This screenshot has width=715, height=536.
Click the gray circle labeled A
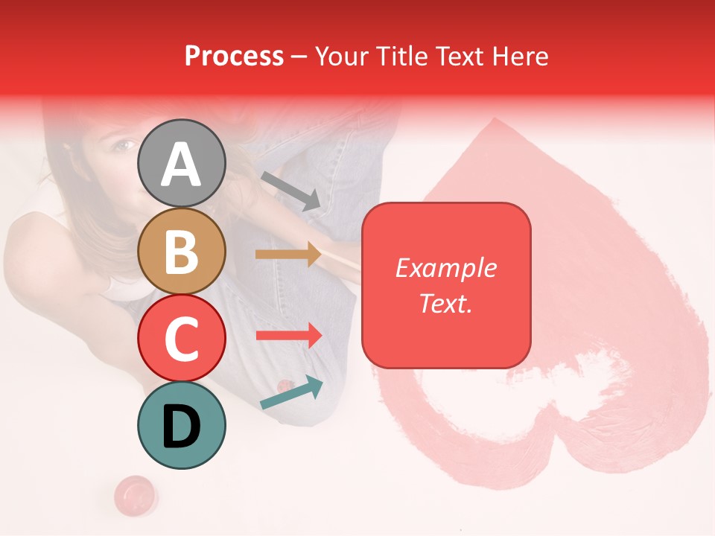point(181,163)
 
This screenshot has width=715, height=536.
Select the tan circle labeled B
point(181,252)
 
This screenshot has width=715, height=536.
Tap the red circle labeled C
point(181,338)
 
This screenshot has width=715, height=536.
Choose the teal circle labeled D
point(181,425)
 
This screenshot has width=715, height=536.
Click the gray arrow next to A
point(291,191)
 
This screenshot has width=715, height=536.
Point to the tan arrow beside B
point(289,254)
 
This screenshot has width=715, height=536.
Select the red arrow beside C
point(289,335)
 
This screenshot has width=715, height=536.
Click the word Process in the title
point(234,56)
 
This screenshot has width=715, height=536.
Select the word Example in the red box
point(445,268)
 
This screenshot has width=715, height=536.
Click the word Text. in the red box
point(445,303)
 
